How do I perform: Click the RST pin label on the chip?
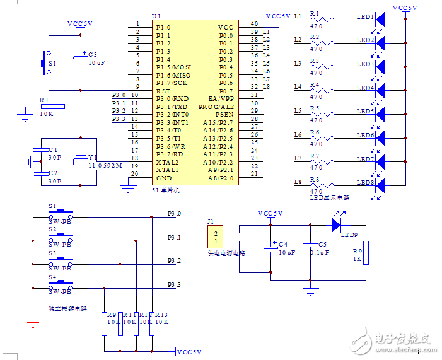163,91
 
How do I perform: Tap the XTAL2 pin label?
167,162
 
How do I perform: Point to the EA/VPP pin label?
221,99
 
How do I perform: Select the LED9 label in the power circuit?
349,235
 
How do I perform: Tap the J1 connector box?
216,237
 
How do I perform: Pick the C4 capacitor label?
282,244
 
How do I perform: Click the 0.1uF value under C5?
320,252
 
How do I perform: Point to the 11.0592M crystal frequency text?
104,166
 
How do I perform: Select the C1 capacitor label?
53,149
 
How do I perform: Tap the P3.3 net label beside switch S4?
174,285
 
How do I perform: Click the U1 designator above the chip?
156,16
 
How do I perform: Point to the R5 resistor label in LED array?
314,108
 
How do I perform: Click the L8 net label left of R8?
298,182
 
